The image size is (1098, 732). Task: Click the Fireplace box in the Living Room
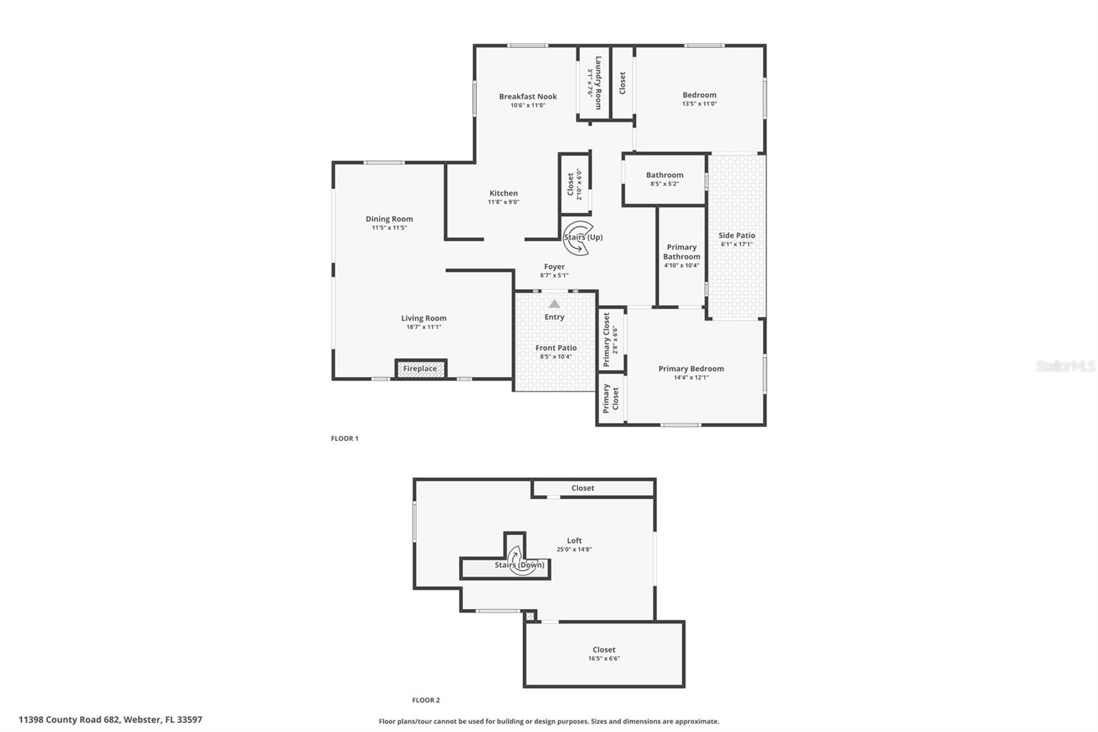coord(420,369)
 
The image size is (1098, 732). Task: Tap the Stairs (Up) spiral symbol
coord(577,238)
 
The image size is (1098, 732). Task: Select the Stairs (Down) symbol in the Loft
coord(521,562)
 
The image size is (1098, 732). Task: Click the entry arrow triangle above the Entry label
coord(554,304)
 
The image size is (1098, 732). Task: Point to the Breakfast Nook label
coord(528,97)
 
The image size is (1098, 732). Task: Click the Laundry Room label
coord(598,82)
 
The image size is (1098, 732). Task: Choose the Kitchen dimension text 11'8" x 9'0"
coord(504,202)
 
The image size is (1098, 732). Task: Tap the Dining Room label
coord(389,219)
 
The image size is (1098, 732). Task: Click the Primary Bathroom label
coord(681,251)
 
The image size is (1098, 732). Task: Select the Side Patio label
coord(736,236)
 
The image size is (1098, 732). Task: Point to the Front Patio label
coord(556,348)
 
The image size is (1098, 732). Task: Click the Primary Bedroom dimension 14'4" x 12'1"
coord(691,377)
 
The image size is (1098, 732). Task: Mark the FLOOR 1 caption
coord(344,438)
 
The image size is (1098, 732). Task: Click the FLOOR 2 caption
coord(425,700)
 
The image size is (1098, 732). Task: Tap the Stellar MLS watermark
coord(1065,366)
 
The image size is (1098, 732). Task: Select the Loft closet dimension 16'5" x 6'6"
coord(604,659)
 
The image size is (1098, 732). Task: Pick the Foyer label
coord(554,266)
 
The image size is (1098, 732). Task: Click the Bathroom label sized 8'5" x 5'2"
coord(664,175)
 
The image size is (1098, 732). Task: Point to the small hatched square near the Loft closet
coord(529,616)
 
